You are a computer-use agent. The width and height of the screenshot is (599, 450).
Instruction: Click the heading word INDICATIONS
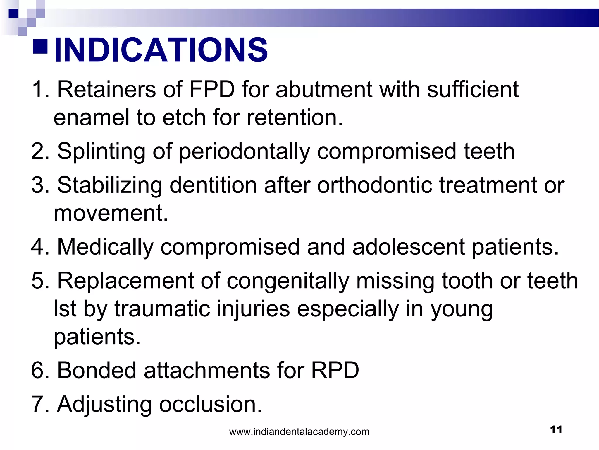[x=161, y=50]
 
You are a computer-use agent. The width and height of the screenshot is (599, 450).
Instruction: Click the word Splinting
[x=101, y=152]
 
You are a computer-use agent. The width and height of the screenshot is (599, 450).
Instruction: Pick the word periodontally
[x=244, y=152]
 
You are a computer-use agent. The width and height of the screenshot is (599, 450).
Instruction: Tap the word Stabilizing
[x=110, y=185]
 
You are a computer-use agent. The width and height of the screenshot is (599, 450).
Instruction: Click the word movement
[x=111, y=213]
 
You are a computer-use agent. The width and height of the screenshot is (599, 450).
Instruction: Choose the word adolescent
[x=408, y=247]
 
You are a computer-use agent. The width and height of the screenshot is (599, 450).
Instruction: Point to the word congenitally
[x=288, y=281]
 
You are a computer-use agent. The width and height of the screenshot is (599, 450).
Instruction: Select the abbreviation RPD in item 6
[x=335, y=370]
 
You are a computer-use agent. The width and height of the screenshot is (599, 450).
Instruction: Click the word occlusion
[x=210, y=404]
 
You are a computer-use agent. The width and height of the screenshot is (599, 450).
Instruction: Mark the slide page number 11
[x=556, y=429]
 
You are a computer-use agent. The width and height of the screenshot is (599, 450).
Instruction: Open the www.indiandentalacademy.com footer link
[x=299, y=432]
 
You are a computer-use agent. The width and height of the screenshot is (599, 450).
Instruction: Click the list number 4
[x=38, y=247]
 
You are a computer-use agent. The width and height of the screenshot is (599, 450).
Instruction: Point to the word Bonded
[x=97, y=370]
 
